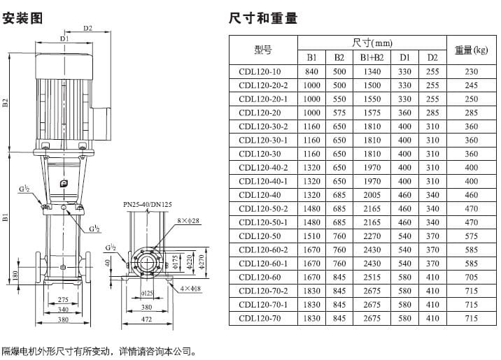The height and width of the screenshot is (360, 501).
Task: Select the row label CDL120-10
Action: pos(260,71)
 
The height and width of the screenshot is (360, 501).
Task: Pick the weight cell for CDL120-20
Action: pos(471,113)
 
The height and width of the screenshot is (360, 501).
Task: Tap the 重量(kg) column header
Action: pos(471,50)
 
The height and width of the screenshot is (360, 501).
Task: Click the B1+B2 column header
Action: pos(372,57)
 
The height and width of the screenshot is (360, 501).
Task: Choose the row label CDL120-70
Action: pos(260,318)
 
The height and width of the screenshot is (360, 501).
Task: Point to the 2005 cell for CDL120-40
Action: pos(372,195)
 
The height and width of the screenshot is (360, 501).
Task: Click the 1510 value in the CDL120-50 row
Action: pos(311,236)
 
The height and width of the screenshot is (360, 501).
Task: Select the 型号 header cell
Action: pos(262,50)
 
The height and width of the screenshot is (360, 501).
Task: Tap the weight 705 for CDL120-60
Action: pos(471,278)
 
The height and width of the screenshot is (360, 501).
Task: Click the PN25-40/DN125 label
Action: pos(147,204)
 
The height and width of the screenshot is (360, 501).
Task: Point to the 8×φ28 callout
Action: pos(188,221)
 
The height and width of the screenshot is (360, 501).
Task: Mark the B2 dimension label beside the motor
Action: pos(6,103)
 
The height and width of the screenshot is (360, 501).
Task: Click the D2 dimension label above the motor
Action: pos(88,29)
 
